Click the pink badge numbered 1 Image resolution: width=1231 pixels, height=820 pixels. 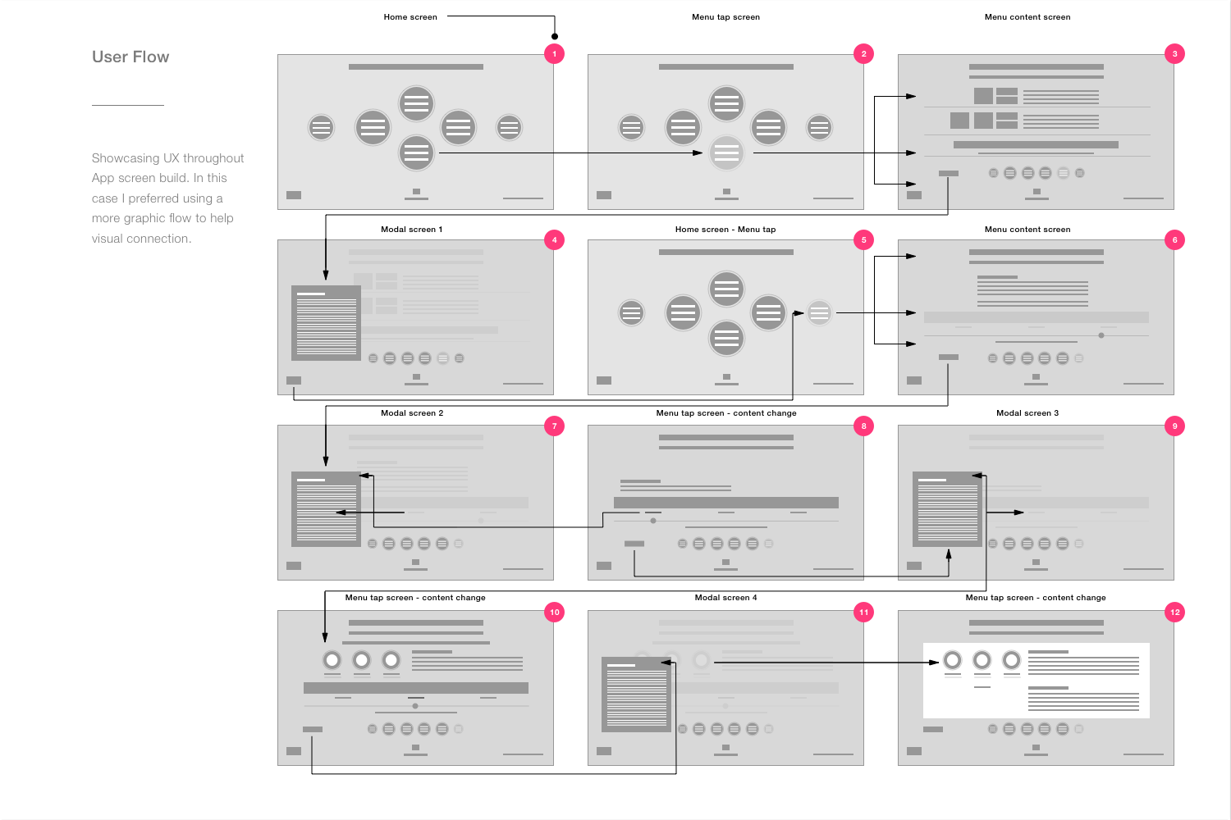click(554, 54)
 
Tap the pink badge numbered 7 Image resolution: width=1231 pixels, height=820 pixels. click(554, 426)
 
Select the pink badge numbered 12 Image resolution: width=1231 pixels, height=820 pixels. click(1174, 612)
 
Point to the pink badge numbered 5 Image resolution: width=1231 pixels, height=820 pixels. click(863, 239)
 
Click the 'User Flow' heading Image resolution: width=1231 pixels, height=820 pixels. click(130, 57)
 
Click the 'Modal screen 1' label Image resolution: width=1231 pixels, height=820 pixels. click(412, 229)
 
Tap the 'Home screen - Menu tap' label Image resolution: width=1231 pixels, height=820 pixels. click(725, 229)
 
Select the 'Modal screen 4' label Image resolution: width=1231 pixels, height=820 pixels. click(725, 597)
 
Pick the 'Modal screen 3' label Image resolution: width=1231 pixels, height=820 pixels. click(1027, 412)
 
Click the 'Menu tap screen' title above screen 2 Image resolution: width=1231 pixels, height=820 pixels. click(725, 16)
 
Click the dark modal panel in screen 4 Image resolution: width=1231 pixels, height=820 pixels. click(326, 323)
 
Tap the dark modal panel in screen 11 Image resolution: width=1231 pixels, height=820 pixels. click(636, 695)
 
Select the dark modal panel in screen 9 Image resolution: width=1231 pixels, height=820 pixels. click(947, 508)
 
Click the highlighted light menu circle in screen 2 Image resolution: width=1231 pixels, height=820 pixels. click(726, 153)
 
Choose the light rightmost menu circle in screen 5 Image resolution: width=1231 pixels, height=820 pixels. click(819, 313)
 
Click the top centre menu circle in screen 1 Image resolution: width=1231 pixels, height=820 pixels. click(416, 103)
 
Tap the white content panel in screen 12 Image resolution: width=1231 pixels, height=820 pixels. click(1036, 681)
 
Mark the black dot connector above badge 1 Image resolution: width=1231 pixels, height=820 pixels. click(555, 36)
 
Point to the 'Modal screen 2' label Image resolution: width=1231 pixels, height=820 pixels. click(412, 412)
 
